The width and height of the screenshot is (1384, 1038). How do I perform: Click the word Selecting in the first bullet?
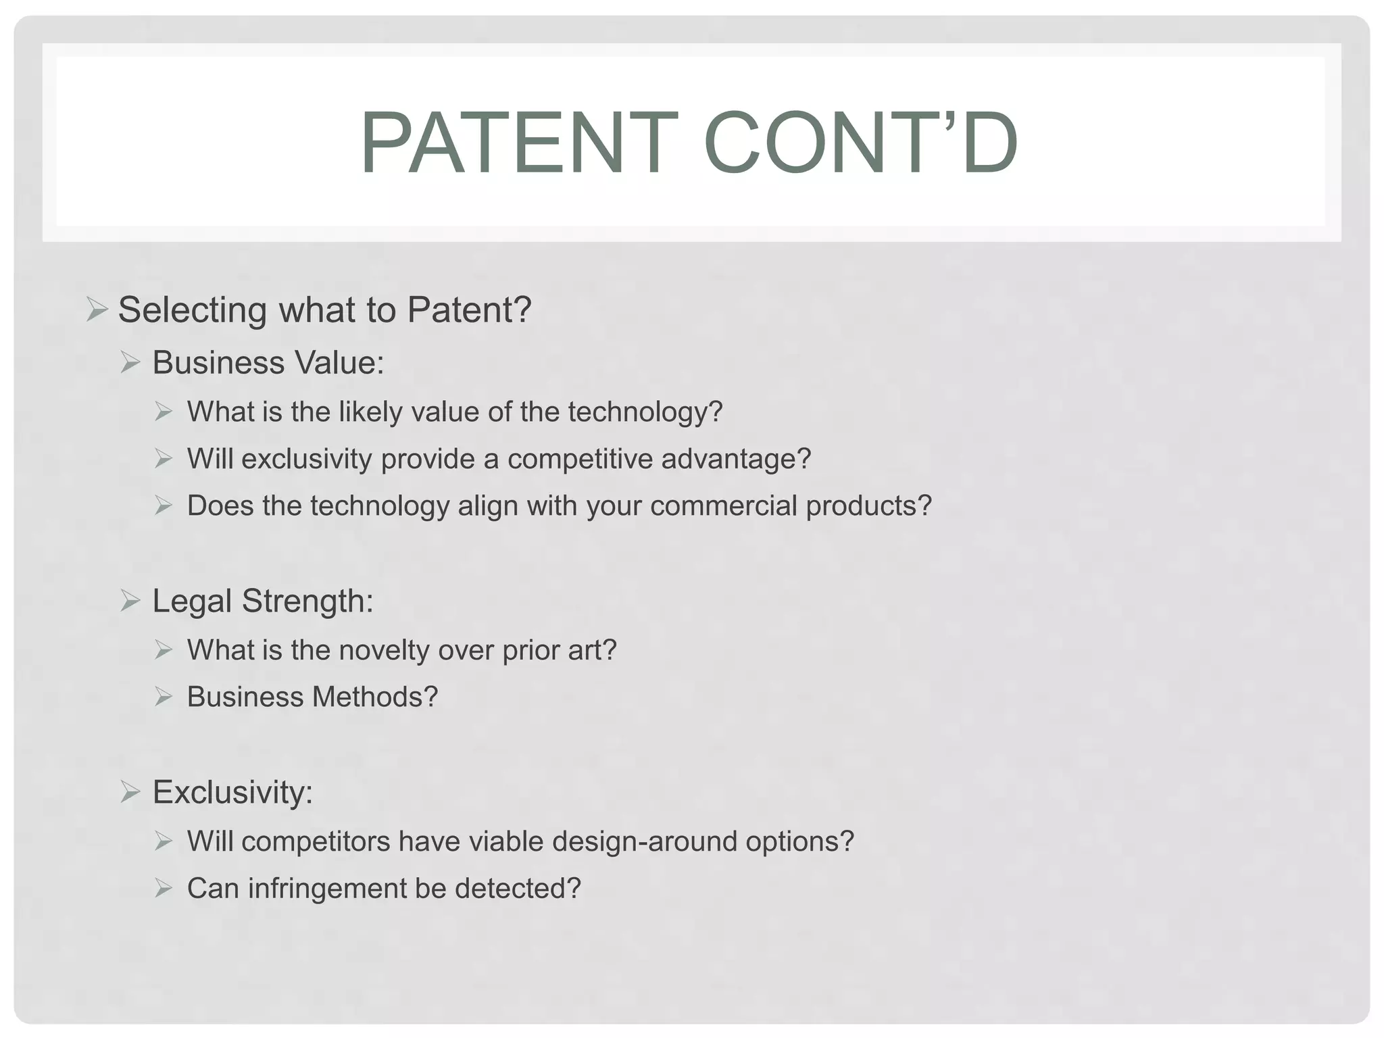[193, 310]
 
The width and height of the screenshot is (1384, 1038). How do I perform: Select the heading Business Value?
[268, 363]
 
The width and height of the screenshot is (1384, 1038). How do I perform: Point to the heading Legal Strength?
[263, 601]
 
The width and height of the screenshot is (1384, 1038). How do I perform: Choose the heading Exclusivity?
[232, 792]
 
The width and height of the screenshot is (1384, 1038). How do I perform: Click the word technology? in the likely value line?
[645, 412]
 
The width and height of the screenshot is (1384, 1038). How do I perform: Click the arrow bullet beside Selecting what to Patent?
[97, 310]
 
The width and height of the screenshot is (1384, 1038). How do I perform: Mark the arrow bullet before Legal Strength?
[130, 600]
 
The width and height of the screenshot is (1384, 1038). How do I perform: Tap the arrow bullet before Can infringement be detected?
[164, 888]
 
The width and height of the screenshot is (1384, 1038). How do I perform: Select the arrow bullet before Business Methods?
[164, 697]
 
